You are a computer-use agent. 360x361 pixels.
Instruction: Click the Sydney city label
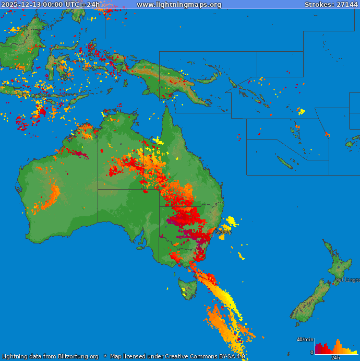[223, 232]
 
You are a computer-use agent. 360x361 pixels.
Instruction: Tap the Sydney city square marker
[212, 236]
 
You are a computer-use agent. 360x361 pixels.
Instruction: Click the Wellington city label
[347, 280]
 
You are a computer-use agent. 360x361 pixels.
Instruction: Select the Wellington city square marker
[333, 284]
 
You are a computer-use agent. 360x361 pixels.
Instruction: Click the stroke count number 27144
[346, 5]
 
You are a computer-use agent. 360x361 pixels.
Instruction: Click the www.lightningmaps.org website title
[179, 5]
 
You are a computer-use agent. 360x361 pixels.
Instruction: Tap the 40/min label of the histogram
[305, 340]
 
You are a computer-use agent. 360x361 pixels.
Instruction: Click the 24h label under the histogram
[336, 358]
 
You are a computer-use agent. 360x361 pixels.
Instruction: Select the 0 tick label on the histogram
[312, 353]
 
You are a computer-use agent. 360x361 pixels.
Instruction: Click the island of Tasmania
[187, 288]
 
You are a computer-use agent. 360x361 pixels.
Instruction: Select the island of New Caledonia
[285, 162]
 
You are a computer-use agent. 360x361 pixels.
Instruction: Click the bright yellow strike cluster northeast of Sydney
[230, 222]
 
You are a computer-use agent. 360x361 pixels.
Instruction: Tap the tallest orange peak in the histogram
[337, 344]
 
